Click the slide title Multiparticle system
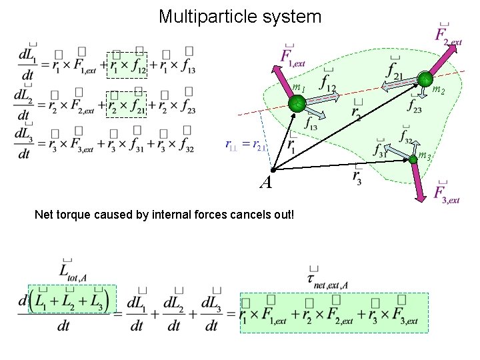click(x=240, y=16)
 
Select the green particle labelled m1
click(x=296, y=103)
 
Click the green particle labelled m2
click(x=425, y=80)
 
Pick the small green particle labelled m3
click(x=413, y=159)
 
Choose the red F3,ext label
click(x=446, y=193)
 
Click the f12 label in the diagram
click(x=329, y=83)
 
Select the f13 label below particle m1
click(x=311, y=123)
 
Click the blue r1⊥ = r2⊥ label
click(x=246, y=144)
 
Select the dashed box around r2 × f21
click(x=127, y=104)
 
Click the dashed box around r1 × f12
click(x=127, y=64)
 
